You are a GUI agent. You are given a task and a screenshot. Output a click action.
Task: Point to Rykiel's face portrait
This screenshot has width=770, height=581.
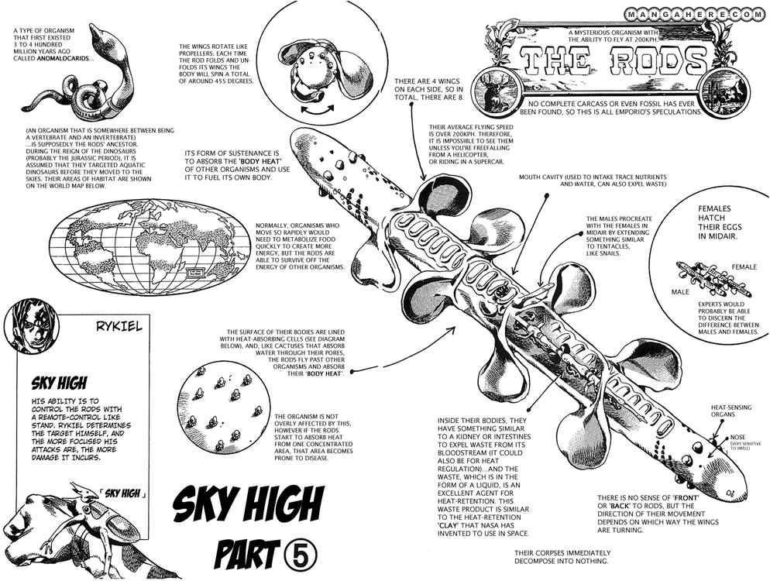[31, 326]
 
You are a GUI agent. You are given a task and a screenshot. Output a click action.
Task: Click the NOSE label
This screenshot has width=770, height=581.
[735, 438]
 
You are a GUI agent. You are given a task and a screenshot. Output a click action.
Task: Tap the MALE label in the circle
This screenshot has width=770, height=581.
[681, 293]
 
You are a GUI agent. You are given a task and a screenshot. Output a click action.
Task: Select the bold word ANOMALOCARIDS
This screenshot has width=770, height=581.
[50, 58]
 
